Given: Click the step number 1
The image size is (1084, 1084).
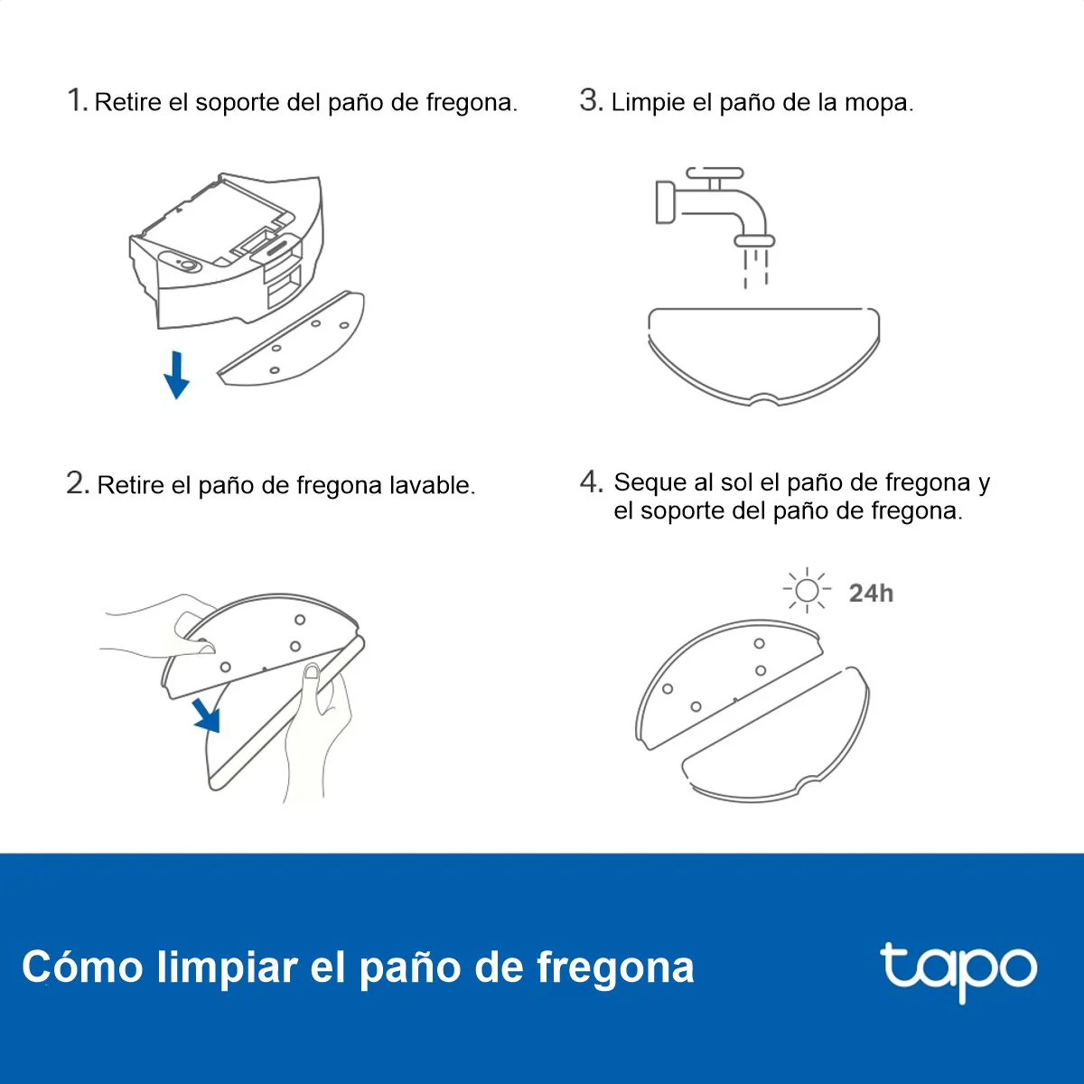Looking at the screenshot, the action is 77,100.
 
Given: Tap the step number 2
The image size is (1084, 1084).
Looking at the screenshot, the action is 78,482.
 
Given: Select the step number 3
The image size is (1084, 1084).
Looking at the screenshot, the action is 591,100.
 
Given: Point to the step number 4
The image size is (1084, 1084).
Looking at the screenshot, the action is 591,482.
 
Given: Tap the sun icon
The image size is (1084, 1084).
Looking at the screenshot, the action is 808,590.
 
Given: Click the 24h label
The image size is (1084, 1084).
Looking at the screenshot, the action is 871,593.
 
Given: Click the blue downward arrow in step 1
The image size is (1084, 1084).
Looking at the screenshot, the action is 177,375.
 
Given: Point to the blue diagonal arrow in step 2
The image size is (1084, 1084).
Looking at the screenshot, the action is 207,715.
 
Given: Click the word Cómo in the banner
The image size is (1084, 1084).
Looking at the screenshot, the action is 82,967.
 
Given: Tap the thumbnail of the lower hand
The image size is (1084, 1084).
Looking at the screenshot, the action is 312,672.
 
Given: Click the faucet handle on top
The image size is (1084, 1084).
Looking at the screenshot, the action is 715,173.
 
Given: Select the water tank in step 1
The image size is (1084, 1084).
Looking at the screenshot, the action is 227,249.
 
